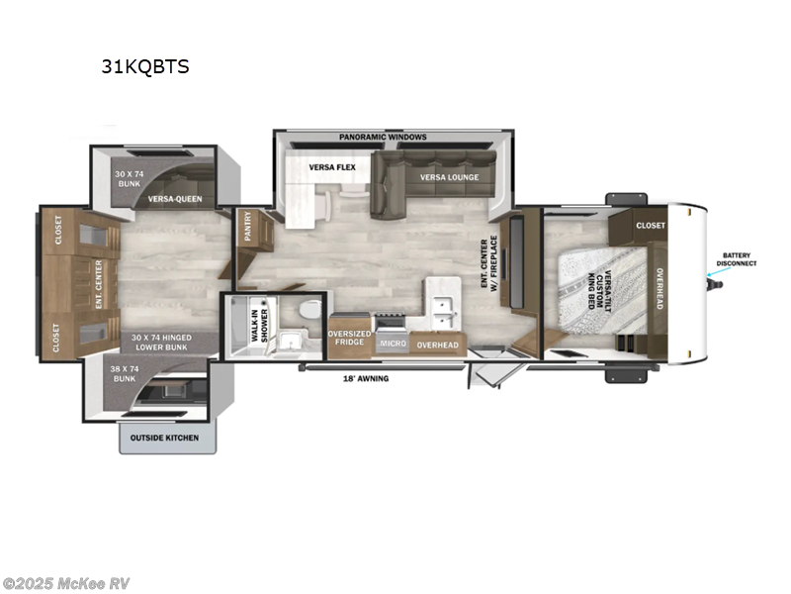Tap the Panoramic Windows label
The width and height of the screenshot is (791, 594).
click(383, 136)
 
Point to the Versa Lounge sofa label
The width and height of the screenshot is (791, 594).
click(449, 177)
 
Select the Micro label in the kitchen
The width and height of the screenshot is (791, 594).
click(392, 344)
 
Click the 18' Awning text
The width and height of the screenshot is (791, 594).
click(366, 378)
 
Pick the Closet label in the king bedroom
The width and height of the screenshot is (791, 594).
click(651, 225)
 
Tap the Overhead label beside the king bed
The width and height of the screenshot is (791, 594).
click(658, 287)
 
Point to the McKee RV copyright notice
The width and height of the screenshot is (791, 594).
click(66, 583)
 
